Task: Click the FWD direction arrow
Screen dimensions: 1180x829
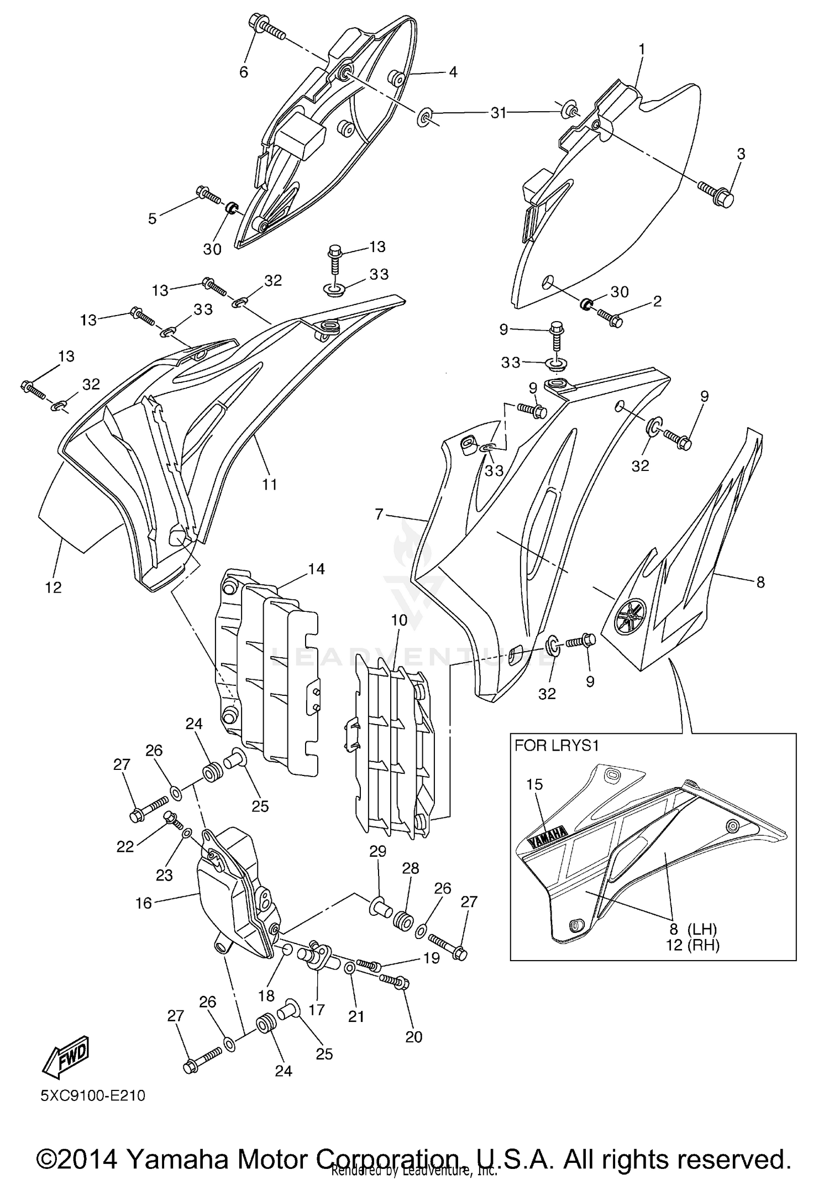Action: point(66,1057)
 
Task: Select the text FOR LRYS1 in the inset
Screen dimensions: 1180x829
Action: point(557,746)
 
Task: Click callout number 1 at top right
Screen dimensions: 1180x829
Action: point(642,50)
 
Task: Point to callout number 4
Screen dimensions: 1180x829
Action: point(453,72)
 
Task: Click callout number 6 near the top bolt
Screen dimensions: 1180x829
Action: point(243,72)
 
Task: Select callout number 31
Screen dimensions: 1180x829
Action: point(499,113)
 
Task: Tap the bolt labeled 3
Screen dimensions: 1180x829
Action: point(717,195)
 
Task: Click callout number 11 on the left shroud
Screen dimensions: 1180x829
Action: point(269,484)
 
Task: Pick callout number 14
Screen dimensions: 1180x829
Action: point(316,569)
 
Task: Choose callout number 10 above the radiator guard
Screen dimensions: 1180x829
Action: point(399,620)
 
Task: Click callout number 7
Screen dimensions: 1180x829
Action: point(379,515)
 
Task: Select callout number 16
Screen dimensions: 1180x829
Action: point(143,903)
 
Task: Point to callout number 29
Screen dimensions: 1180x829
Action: point(377,851)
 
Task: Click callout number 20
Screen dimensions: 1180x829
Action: point(413,1037)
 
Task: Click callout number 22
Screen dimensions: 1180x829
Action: point(125,846)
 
